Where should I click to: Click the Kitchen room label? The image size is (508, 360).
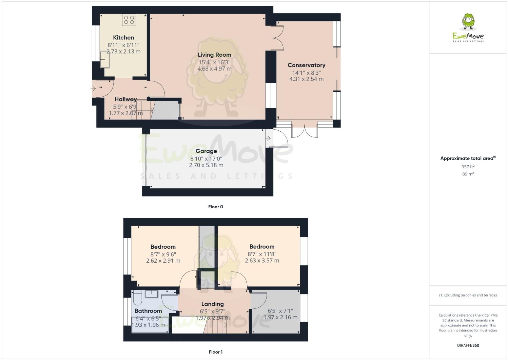pyautogui.click(x=123, y=38)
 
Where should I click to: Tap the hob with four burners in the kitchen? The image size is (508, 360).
pyautogui.click(x=129, y=20)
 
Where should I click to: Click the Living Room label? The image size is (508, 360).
pyautogui.click(x=214, y=55)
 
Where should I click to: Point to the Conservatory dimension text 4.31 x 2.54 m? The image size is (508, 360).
pyautogui.click(x=306, y=79)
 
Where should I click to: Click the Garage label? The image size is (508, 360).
pyautogui.click(x=206, y=151)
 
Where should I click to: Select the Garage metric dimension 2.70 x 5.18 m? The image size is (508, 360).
pyautogui.click(x=206, y=165)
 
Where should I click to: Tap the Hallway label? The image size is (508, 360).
pyautogui.click(x=125, y=99)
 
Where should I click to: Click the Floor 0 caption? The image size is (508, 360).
pyautogui.click(x=215, y=207)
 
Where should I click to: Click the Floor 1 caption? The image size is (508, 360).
pyautogui.click(x=215, y=352)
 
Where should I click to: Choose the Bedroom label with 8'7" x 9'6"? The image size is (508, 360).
pyautogui.click(x=163, y=247)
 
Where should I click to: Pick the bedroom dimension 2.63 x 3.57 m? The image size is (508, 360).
pyautogui.click(x=262, y=261)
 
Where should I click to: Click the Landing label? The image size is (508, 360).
pyautogui.click(x=212, y=304)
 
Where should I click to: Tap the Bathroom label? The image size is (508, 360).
pyautogui.click(x=148, y=311)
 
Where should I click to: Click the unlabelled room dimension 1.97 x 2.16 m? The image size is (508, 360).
pyautogui.click(x=280, y=317)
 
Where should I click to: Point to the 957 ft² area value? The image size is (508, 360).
pyautogui.click(x=468, y=167)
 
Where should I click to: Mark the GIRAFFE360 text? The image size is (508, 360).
pyautogui.click(x=468, y=345)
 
